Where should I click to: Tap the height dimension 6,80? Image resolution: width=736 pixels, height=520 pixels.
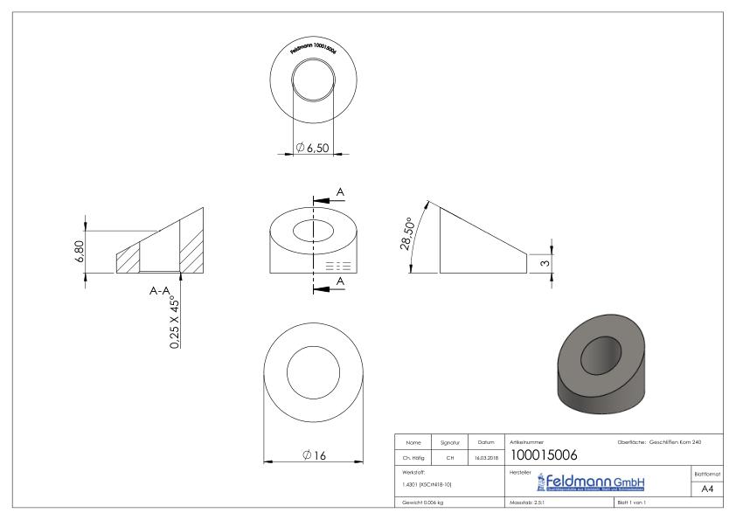click(79, 252)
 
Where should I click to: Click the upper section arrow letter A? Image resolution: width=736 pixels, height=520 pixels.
click(339, 191)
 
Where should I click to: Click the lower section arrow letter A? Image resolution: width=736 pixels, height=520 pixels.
click(339, 282)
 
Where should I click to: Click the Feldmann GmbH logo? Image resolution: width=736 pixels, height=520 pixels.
click(590, 482)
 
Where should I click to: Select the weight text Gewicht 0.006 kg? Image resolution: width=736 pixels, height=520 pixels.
click(423, 503)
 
